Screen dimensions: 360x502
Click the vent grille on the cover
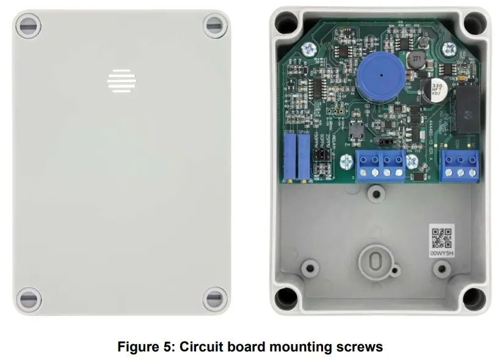coord(120,80)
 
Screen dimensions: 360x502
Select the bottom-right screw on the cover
coord(214,299)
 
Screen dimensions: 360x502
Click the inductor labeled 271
coord(416,60)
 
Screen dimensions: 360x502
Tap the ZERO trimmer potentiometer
coord(290,155)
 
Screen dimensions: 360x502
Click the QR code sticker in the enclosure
coord(442,235)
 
